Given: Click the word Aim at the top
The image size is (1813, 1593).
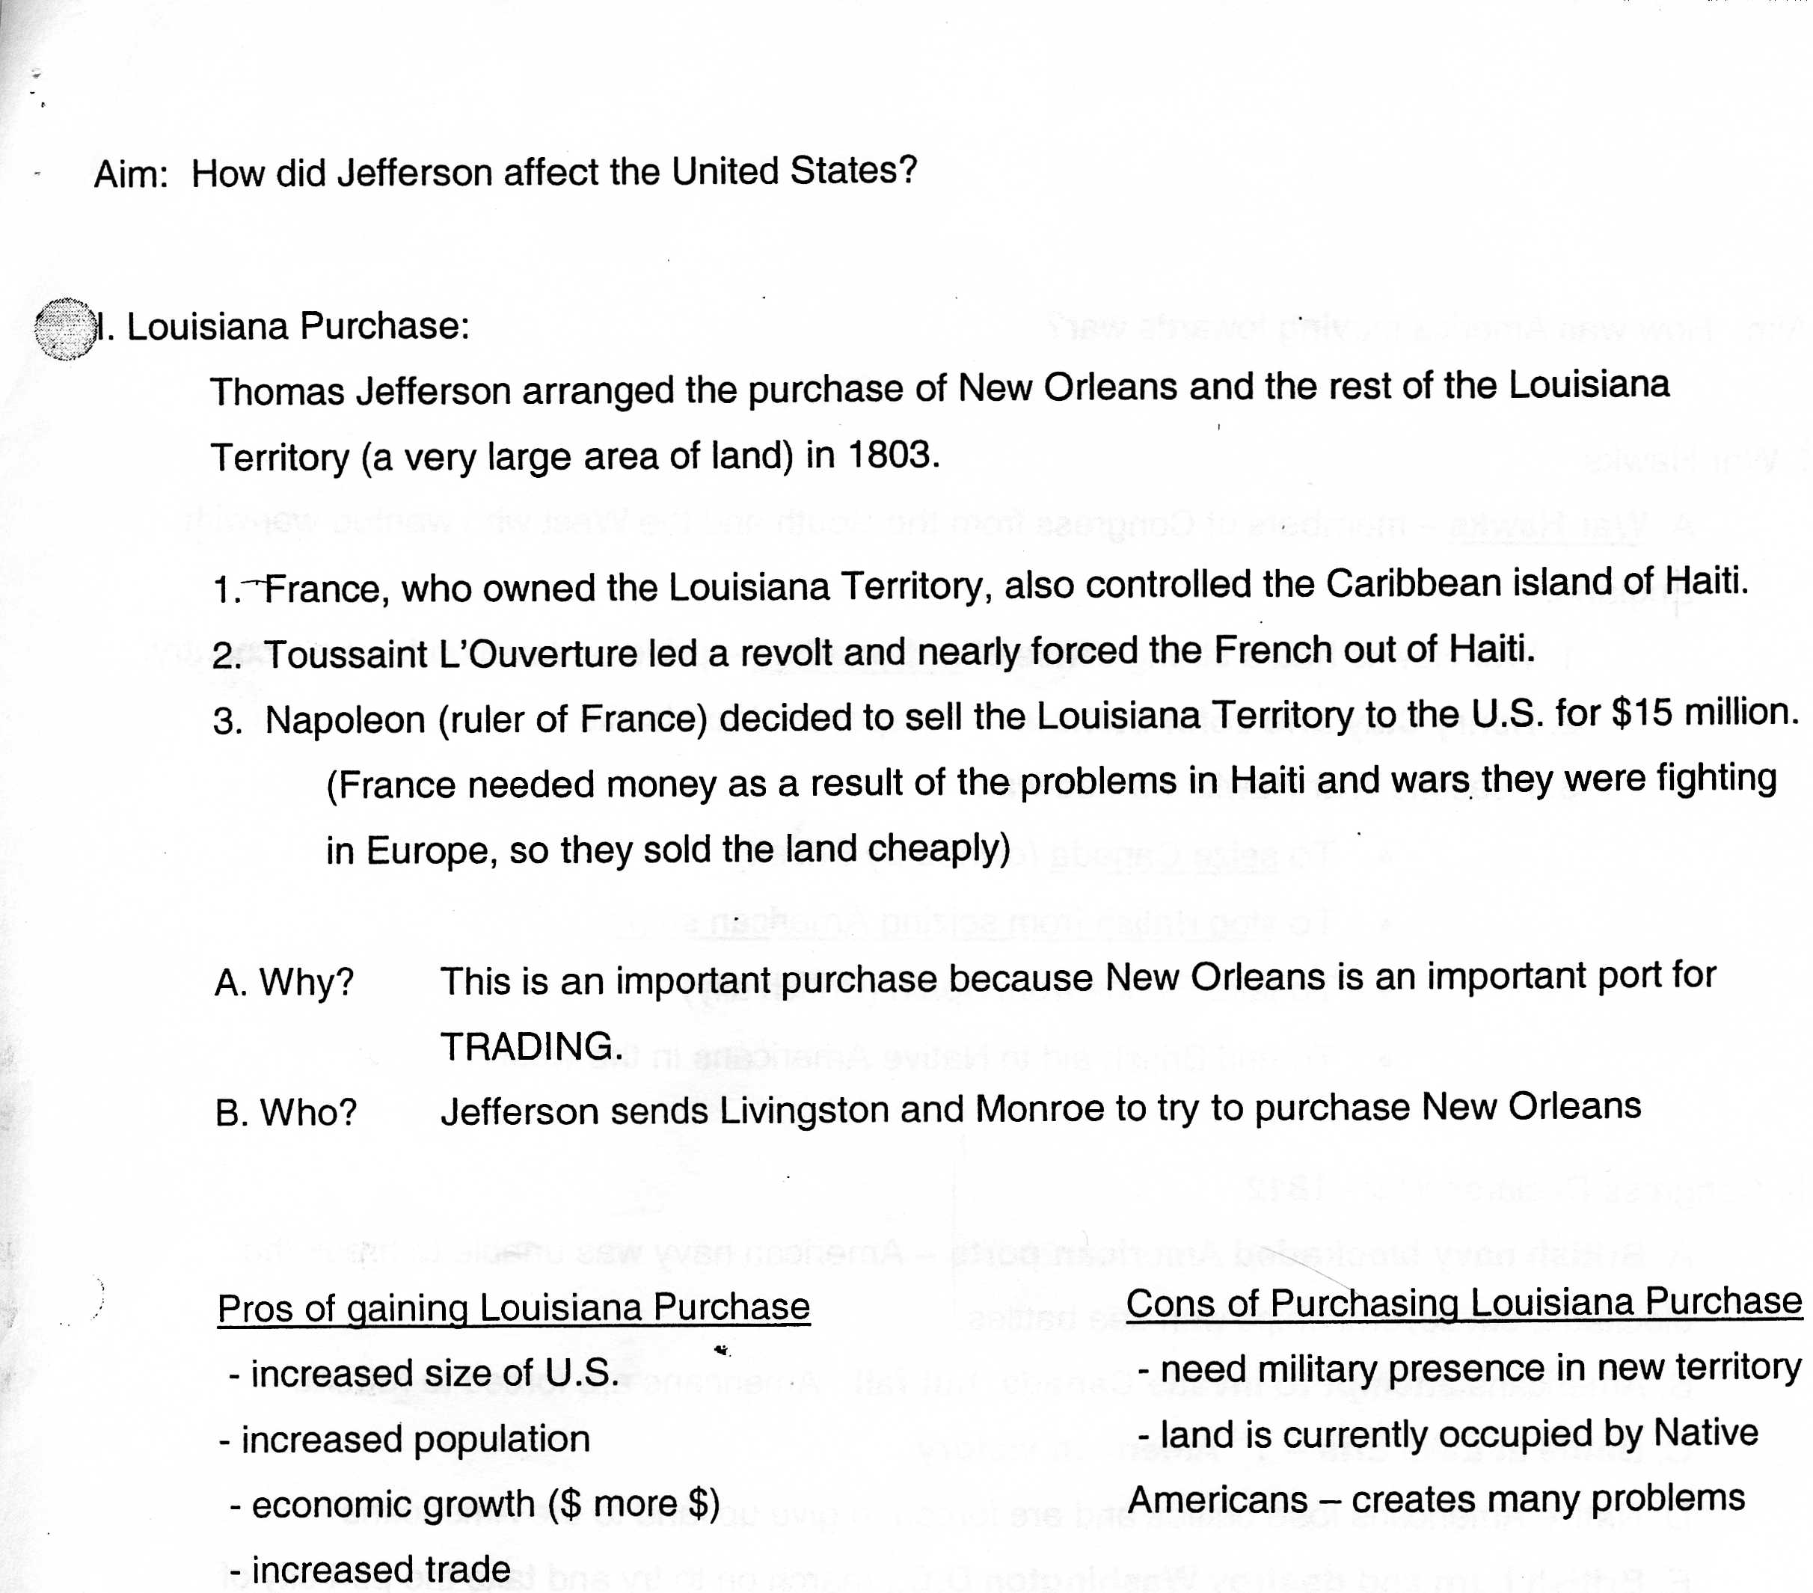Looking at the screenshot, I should coord(130,174).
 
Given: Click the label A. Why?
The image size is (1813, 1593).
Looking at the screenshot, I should coord(283,982).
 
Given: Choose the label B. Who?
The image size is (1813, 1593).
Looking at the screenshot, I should coord(286,1112).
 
